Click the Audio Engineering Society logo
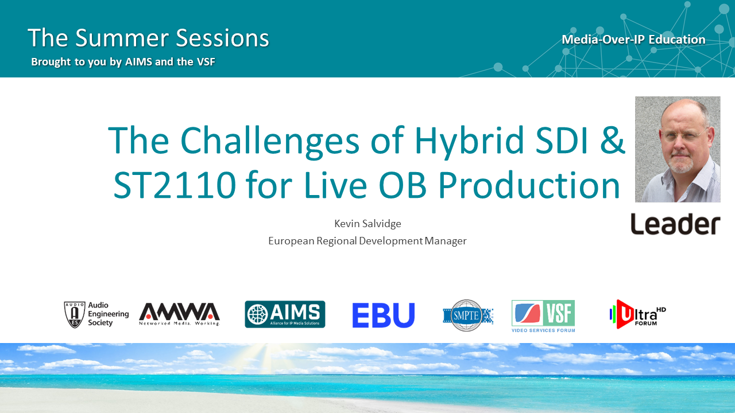click(x=96, y=314)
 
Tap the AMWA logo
click(x=180, y=314)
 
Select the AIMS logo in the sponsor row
click(x=285, y=314)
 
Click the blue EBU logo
click(x=383, y=315)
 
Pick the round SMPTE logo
click(x=467, y=315)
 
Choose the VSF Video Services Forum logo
click(x=543, y=316)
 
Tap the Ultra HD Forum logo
click(x=637, y=314)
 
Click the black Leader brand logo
click(x=675, y=224)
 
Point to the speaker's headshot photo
click(x=678, y=149)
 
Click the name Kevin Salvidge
click(x=367, y=224)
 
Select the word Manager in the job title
click(x=445, y=241)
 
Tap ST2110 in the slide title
click(x=175, y=185)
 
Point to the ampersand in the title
click(x=613, y=139)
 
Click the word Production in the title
click(x=529, y=185)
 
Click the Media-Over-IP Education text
click(x=633, y=40)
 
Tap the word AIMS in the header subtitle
click(x=139, y=61)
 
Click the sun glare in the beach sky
click(x=274, y=356)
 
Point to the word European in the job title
click(x=291, y=241)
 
